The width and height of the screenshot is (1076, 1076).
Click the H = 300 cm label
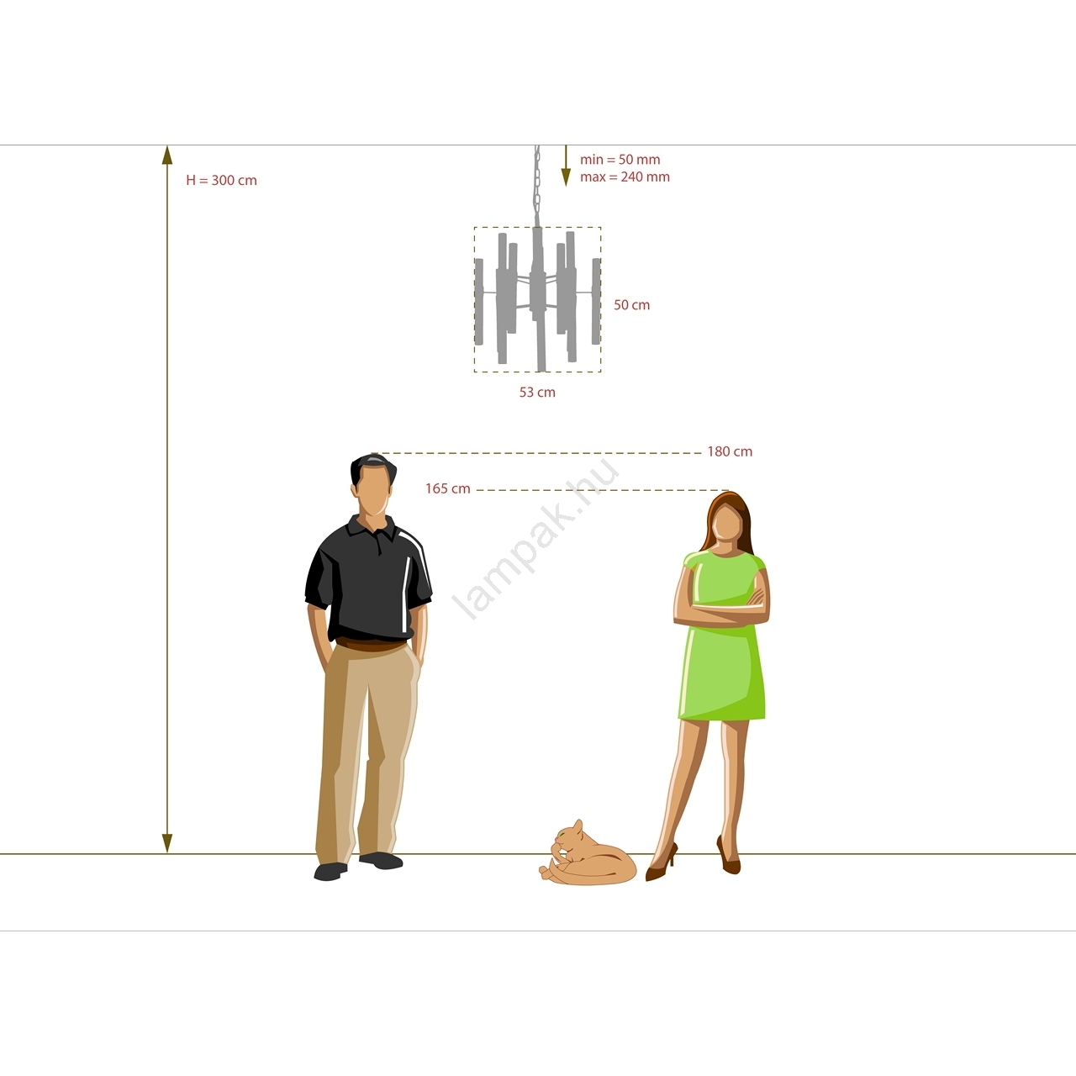(222, 181)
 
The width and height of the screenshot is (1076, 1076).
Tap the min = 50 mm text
(620, 159)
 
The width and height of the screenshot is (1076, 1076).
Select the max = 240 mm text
(625, 177)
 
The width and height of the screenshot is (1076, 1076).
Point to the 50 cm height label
(631, 305)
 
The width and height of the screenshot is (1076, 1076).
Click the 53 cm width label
(537, 393)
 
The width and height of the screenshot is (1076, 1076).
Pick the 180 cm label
(730, 451)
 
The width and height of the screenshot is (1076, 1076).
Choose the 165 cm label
(448, 488)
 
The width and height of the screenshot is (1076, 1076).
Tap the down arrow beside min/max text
(566, 166)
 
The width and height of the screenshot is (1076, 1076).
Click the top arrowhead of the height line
(167, 155)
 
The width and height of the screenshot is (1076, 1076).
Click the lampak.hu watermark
(537, 540)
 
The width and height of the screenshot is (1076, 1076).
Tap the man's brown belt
(371, 647)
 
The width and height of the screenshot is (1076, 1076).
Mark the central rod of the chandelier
(538, 298)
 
